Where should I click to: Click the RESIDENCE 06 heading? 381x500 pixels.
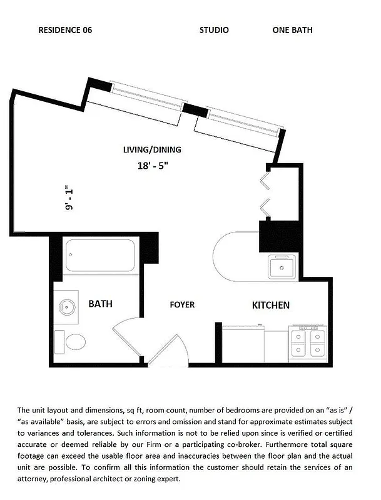point(65,30)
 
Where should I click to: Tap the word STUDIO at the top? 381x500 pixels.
point(214,30)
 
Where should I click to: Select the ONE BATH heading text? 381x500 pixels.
point(292,30)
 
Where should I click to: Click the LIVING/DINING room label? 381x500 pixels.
point(151,149)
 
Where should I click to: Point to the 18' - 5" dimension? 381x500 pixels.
point(153,166)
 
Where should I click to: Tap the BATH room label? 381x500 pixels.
point(100,304)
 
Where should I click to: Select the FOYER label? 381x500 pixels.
point(182,305)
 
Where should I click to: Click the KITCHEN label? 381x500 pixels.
point(270,305)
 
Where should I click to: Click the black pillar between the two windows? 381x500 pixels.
point(196,111)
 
